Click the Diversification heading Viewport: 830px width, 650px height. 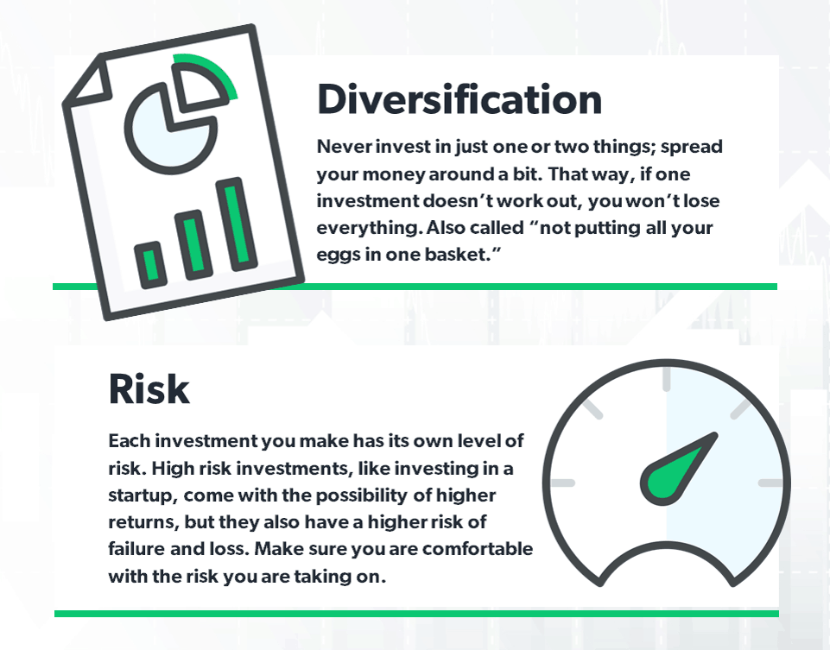(459, 99)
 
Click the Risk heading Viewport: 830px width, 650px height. (149, 388)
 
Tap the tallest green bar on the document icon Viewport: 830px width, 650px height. (237, 224)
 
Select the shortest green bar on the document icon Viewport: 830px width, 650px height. (151, 265)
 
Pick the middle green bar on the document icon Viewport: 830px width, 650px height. (193, 245)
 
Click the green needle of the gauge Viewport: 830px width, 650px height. (677, 468)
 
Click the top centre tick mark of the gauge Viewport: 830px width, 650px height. (667, 379)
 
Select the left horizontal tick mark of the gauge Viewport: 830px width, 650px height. (562, 483)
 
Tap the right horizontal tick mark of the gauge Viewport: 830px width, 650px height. (770, 483)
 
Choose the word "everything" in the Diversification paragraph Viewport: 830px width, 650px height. (369, 229)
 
